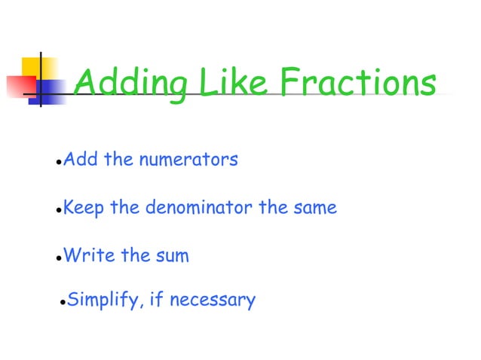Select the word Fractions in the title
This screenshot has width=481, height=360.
point(357,84)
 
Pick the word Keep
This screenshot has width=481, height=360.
point(84,207)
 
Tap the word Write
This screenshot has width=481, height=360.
point(84,255)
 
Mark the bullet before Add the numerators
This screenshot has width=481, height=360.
point(59,163)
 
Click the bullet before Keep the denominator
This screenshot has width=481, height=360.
point(59,210)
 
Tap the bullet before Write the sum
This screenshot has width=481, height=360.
point(59,258)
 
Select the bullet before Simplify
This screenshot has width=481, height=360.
point(63,304)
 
